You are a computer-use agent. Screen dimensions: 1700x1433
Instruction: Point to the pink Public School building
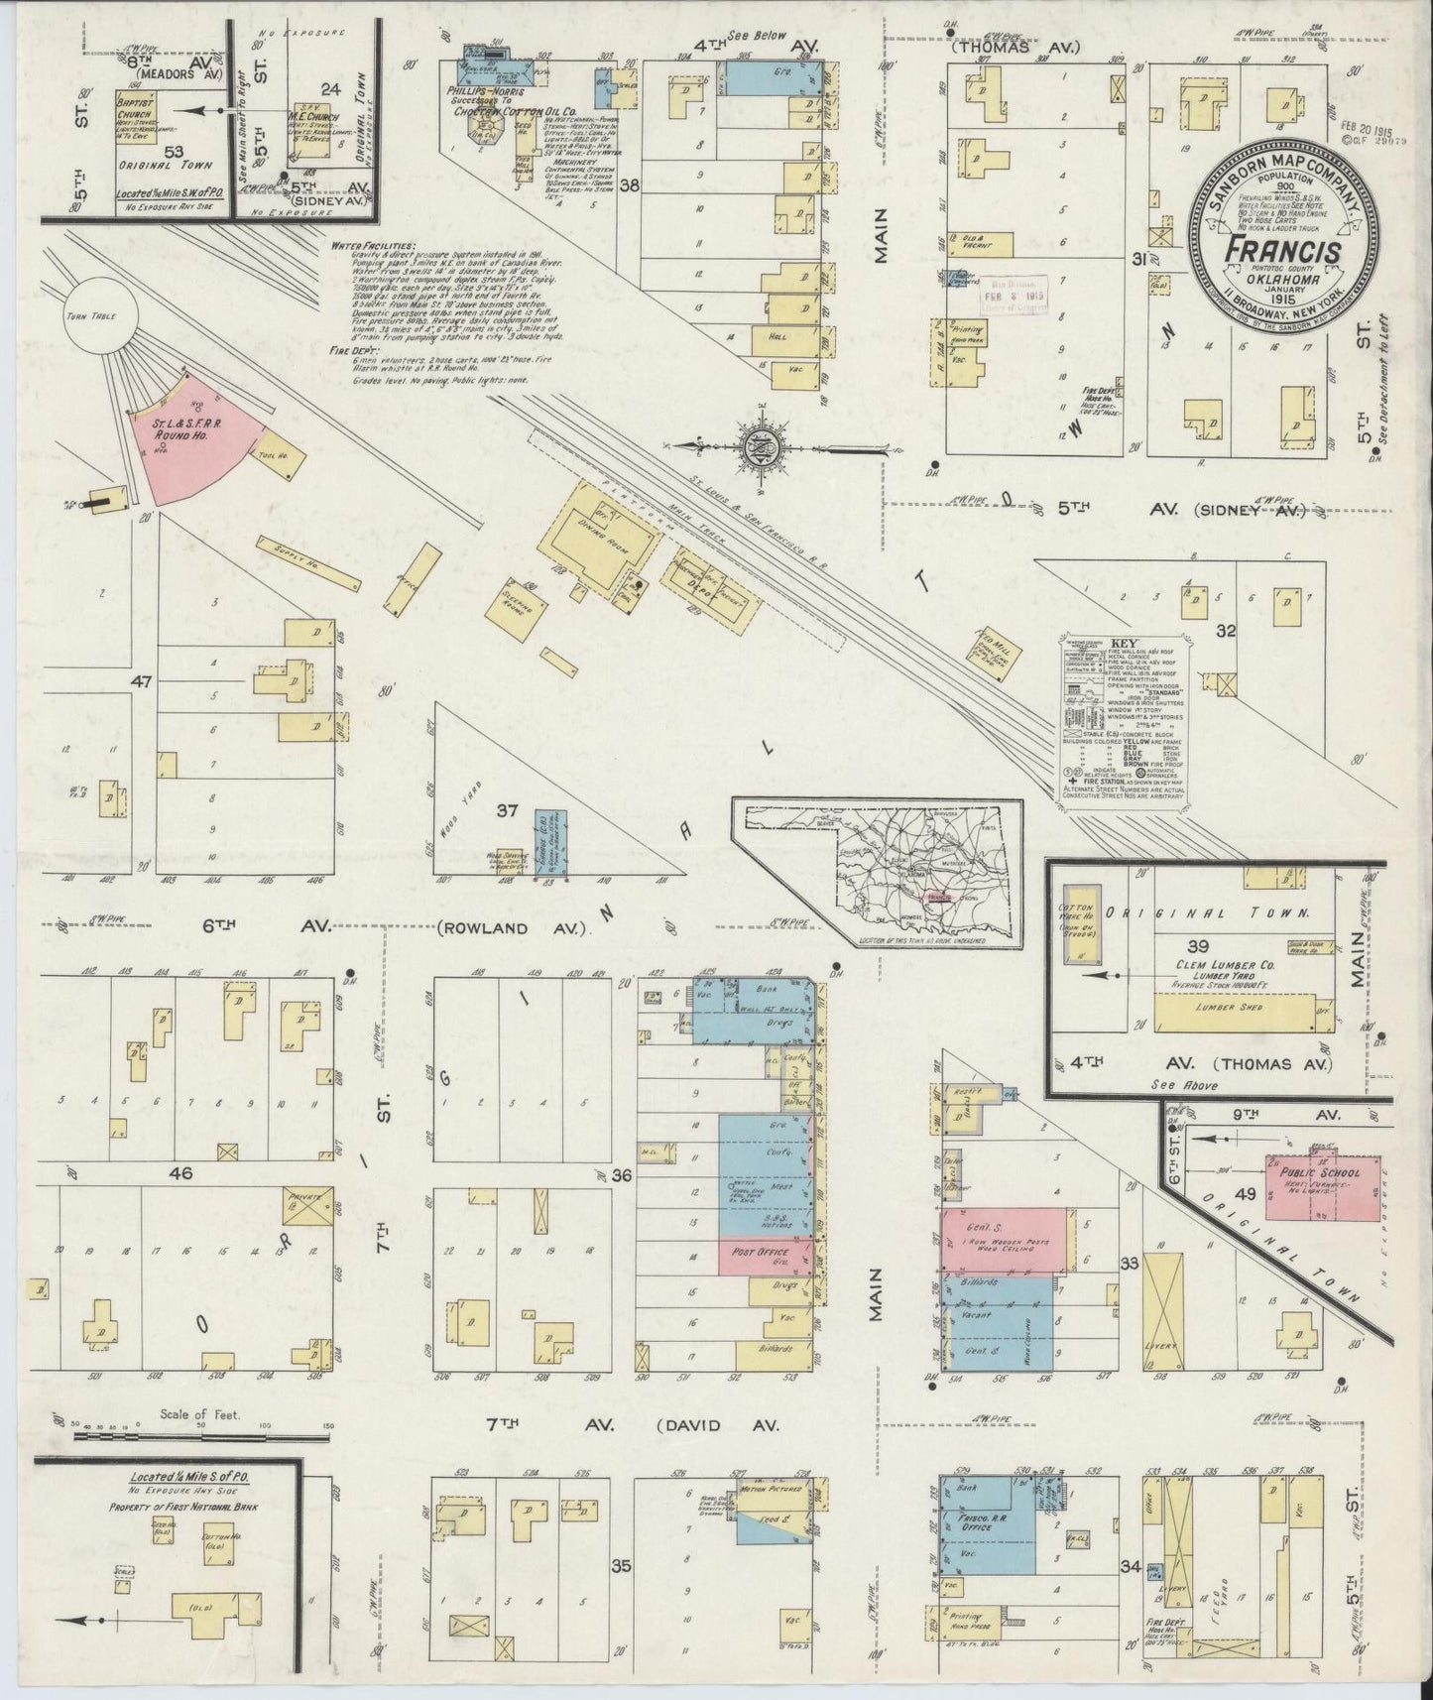(x=1308, y=1186)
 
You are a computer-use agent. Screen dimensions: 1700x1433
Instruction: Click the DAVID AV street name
(x=718, y=1424)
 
